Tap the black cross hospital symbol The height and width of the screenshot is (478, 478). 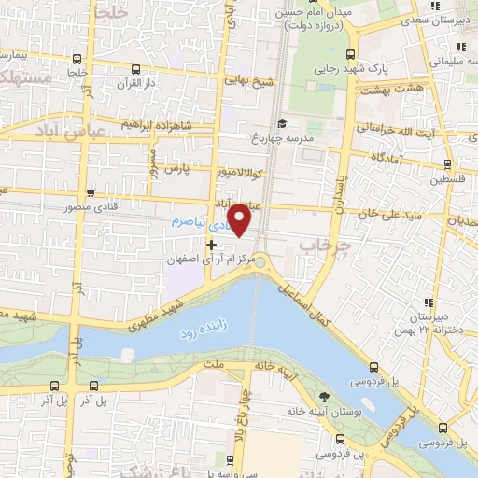pos(211,244)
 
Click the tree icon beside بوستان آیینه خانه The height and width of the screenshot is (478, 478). pos(324,396)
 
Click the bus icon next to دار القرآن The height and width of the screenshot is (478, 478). pos(136,68)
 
